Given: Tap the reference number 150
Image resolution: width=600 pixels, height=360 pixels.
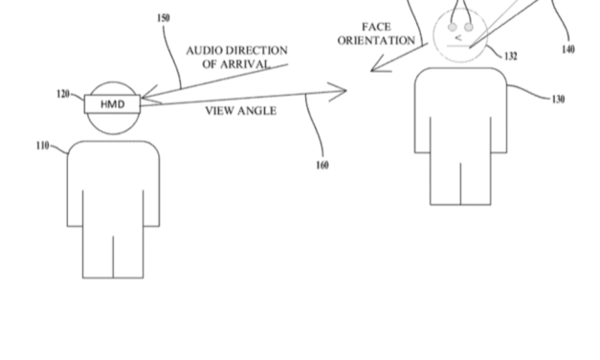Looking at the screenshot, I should [162, 18].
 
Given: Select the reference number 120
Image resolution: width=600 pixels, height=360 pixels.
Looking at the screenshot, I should [64, 95].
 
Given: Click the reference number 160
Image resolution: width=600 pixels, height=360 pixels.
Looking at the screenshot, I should [322, 165].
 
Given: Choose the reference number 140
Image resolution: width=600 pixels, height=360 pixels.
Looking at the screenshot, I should [569, 50].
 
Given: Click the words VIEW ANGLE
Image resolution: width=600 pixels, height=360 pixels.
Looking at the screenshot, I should [241, 111].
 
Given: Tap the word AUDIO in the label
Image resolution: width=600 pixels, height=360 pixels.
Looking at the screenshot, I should [205, 50].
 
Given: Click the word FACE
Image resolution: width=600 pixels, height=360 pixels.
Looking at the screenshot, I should [375, 26].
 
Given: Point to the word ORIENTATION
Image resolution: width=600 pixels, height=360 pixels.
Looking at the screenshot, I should [375, 40].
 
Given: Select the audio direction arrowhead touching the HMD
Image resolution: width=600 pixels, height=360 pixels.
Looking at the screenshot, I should [148, 96].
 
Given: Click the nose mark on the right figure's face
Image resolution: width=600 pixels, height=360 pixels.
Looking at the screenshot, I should [459, 37].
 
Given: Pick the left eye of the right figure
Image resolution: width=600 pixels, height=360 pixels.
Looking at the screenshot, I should [453, 25].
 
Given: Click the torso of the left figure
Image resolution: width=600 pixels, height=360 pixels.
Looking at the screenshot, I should [113, 182].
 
